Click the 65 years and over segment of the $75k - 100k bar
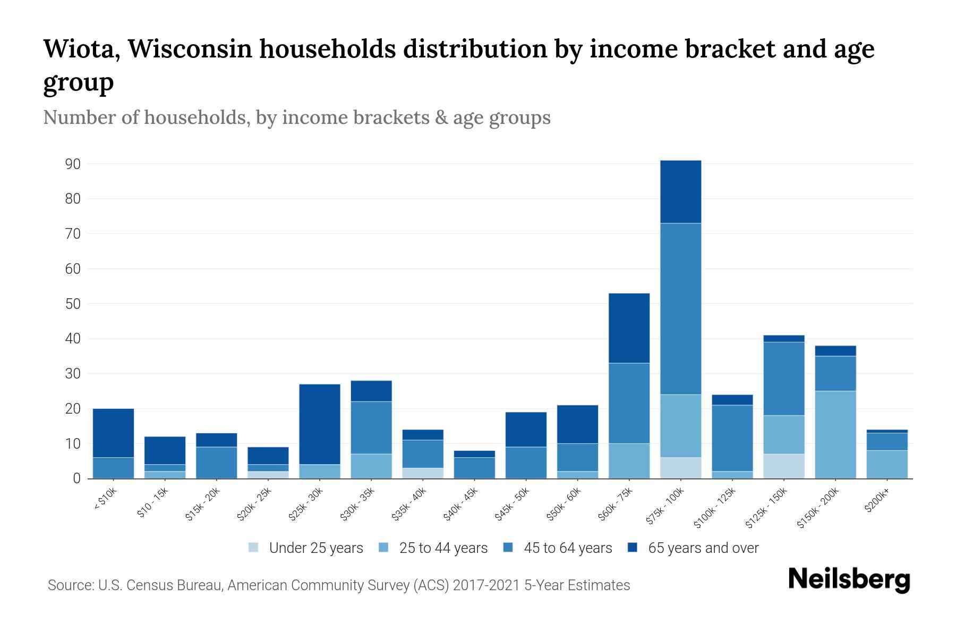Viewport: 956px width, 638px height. point(680,191)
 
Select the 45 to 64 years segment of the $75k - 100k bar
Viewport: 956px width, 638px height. point(680,308)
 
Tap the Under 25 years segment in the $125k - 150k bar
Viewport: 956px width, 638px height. point(784,466)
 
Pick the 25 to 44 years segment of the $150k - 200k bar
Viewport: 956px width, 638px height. point(835,434)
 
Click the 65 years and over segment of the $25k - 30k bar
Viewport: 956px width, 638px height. point(320,424)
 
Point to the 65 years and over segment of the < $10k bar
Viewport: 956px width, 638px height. point(113,433)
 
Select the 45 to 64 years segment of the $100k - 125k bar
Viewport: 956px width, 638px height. point(732,438)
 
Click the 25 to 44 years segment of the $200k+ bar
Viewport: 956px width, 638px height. point(887,464)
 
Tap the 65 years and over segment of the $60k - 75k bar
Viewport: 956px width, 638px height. point(629,328)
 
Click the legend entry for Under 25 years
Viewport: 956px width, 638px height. point(305,548)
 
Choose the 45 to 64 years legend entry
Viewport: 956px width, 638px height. point(557,548)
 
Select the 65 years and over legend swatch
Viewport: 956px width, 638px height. point(633,548)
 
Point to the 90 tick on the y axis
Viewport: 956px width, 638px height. point(73,164)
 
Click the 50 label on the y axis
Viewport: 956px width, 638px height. point(73,304)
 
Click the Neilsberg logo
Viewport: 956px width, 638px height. point(849,579)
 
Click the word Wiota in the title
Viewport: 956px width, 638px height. point(81,49)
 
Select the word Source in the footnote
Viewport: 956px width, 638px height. point(69,585)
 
